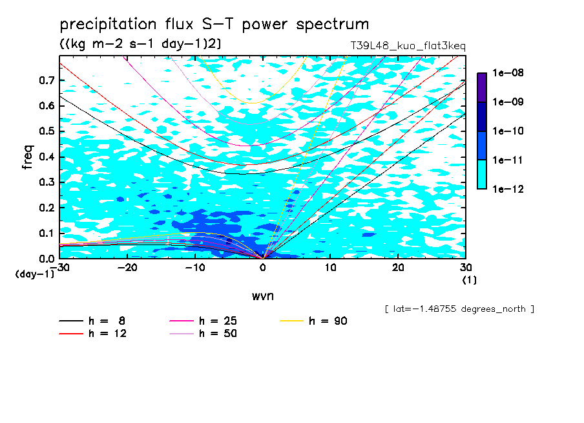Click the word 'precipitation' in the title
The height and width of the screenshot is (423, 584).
(x=108, y=24)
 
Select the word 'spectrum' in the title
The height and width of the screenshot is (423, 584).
(x=333, y=24)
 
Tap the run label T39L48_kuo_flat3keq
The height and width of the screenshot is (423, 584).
(x=408, y=46)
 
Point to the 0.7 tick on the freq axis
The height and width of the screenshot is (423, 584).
(x=47, y=80)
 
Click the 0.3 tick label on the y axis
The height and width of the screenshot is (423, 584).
(x=47, y=182)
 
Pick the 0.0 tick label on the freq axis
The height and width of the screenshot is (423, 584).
(x=47, y=258)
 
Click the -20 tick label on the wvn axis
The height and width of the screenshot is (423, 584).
(x=127, y=268)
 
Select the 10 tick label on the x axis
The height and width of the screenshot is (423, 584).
(x=330, y=268)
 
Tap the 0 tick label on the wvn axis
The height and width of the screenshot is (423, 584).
(x=263, y=268)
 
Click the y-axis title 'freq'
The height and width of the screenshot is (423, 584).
(x=28, y=157)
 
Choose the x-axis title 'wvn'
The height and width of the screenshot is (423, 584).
(x=262, y=296)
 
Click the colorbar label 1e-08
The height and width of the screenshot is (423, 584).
(x=508, y=72)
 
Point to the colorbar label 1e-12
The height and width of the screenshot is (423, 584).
(x=508, y=189)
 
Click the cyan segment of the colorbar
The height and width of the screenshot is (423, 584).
(x=482, y=175)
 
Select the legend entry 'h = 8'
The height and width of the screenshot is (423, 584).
(x=92, y=321)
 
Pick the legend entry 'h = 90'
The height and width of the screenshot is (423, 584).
(x=313, y=321)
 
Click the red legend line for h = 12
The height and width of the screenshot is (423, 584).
(x=71, y=334)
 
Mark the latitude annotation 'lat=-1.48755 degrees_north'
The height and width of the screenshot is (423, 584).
(x=459, y=309)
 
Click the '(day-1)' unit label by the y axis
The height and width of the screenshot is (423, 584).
(x=35, y=274)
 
